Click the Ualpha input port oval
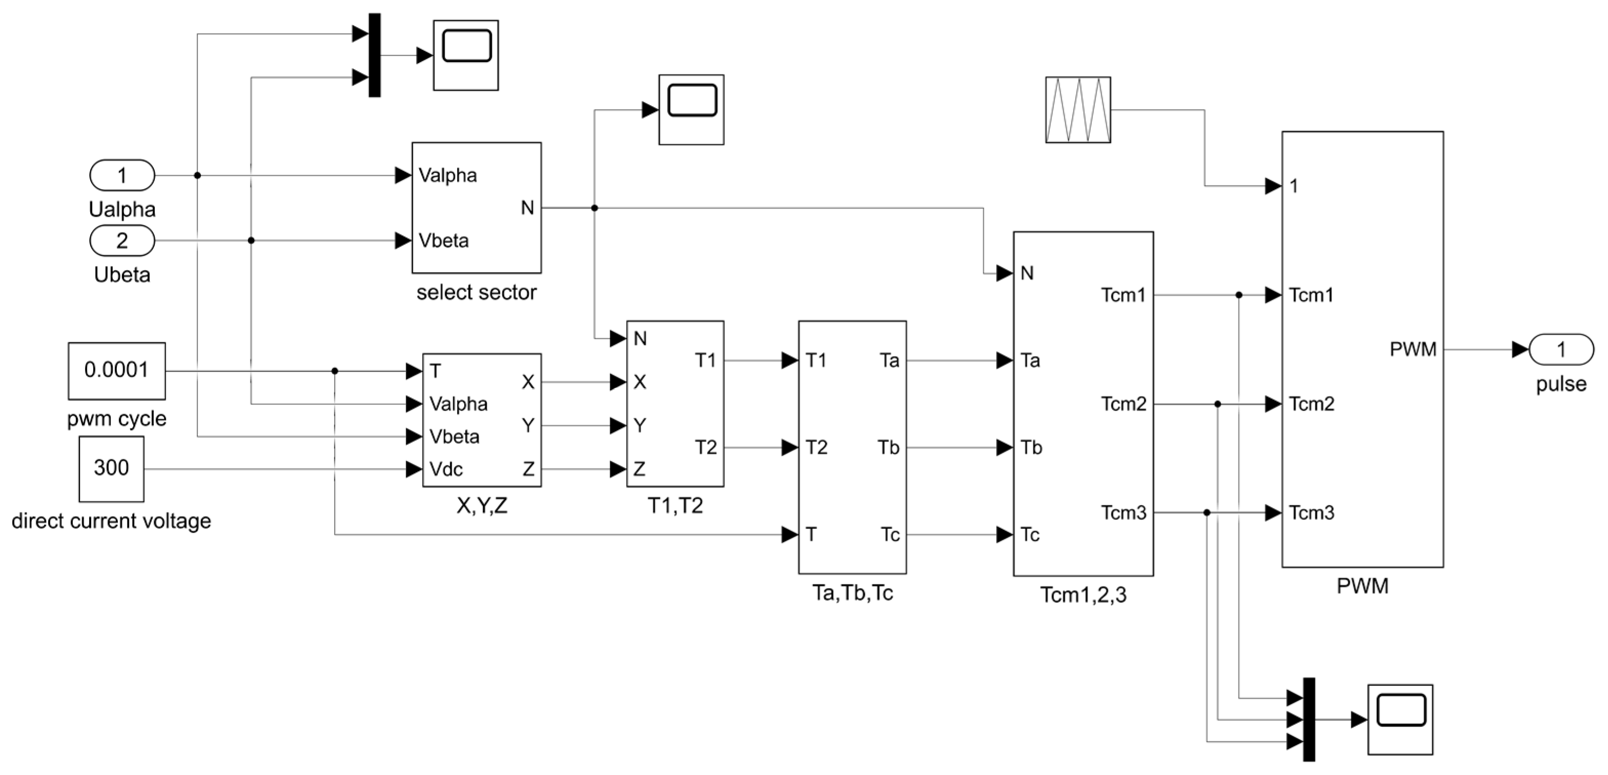122,175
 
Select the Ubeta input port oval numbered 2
122,241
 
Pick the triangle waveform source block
1078,110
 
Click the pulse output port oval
1561,350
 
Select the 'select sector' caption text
476,292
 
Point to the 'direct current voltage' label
111,521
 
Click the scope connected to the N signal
692,110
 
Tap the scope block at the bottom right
1400,720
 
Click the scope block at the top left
466,55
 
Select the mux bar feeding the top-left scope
375,55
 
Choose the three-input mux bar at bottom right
1309,720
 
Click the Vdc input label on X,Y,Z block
446,469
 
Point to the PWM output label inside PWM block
1413,350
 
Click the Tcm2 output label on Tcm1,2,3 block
1124,404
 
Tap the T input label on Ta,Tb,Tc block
811,535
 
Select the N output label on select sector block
527,208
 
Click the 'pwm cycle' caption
117,418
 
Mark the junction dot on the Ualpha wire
197,175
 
